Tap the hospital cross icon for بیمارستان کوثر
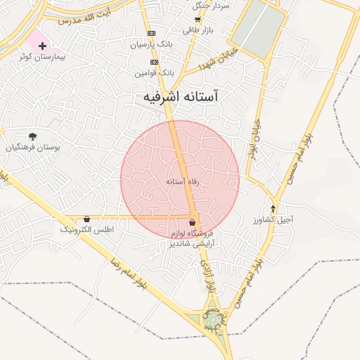point(43,46)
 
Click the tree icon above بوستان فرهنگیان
point(32,136)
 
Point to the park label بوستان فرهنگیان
point(34,148)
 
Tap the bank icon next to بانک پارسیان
point(151,34)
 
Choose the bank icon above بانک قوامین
point(155,62)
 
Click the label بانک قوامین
point(155,72)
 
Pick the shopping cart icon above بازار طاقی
point(197,20)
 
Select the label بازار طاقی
point(197,30)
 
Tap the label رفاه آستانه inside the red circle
point(183,181)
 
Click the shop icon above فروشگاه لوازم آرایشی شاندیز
point(193,222)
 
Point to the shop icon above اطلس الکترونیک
point(86,219)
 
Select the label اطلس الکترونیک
point(87,230)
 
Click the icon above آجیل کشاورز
point(273,209)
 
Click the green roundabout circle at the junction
point(212,320)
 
